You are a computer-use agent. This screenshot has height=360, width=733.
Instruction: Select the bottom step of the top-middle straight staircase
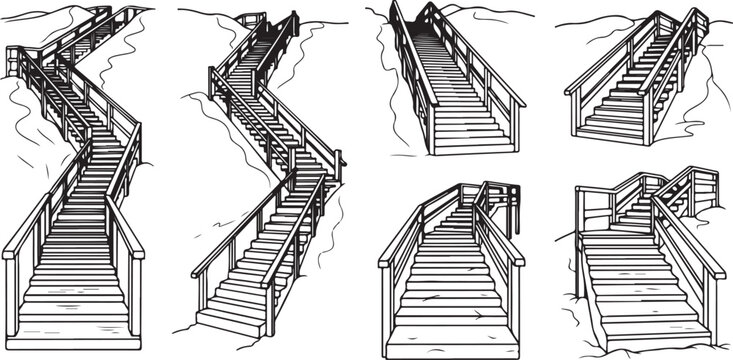click(470, 148)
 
